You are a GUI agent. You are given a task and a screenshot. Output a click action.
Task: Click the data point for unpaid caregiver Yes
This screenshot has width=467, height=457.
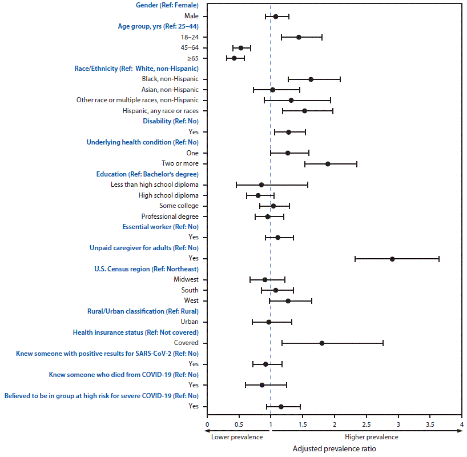click(392, 259)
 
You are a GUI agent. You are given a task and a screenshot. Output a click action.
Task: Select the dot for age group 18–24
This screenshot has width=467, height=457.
click(299, 37)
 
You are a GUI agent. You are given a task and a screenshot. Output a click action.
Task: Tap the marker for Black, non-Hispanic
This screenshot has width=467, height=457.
click(311, 79)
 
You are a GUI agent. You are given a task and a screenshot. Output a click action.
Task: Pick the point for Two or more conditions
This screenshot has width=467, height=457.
click(328, 164)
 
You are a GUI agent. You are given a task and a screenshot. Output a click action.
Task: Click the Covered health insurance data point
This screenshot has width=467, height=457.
click(322, 343)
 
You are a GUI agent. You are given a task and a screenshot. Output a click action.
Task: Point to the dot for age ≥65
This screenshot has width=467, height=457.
click(234, 58)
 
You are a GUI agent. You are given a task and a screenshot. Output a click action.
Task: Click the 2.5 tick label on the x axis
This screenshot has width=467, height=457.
click(367, 425)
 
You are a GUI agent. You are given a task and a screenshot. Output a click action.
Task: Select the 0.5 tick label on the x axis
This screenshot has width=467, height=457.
click(239, 425)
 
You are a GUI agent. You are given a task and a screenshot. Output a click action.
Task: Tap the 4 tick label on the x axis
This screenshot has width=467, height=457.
click(461, 425)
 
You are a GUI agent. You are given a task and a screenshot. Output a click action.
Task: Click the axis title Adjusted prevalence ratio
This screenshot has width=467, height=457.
click(335, 448)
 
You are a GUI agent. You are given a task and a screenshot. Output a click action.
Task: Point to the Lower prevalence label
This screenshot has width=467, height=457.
click(237, 437)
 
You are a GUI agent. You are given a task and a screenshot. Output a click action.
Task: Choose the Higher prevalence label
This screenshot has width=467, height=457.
click(372, 437)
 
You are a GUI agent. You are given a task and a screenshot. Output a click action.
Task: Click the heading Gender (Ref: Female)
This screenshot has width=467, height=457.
click(167, 5)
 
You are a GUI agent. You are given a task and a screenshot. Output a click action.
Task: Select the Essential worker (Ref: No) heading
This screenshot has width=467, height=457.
click(160, 227)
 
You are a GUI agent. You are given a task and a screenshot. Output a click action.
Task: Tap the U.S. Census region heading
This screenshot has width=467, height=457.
click(146, 269)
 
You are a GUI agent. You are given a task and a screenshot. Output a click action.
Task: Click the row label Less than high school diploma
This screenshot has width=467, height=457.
click(155, 185)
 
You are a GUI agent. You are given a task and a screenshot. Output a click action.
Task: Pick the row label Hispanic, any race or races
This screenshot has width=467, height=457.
click(160, 111)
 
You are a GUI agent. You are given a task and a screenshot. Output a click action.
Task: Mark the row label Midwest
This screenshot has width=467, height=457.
click(186, 280)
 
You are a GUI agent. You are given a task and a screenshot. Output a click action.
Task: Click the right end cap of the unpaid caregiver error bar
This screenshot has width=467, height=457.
click(438, 259)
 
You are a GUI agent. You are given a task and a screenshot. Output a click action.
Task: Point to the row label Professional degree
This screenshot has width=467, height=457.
click(170, 217)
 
